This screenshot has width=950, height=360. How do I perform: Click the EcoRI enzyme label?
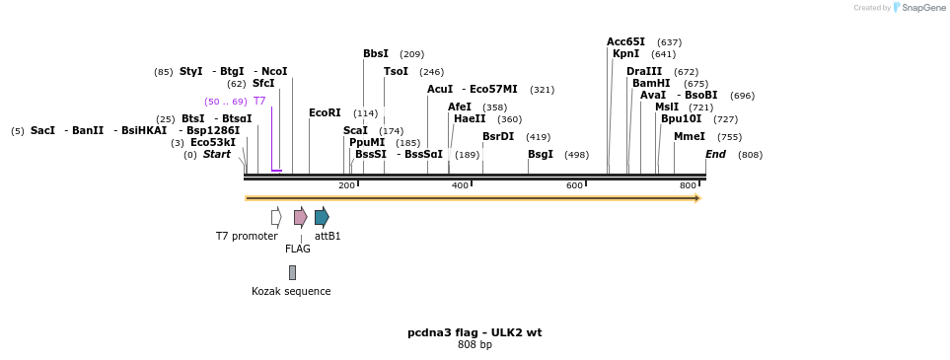point(325,112)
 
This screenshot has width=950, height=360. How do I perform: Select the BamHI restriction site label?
point(650,83)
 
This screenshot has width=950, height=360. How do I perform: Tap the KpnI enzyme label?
point(625,53)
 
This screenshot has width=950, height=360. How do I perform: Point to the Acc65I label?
point(625,41)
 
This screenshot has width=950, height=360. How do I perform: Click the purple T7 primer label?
point(259,101)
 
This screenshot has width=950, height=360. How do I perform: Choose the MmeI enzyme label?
point(689,136)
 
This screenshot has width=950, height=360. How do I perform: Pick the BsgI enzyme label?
point(540,154)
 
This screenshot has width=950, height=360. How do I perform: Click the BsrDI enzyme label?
point(497,136)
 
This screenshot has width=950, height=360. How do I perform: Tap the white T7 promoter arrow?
point(276,217)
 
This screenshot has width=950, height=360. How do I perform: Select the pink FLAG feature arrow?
point(300,217)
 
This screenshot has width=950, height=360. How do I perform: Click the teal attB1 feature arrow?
point(322,217)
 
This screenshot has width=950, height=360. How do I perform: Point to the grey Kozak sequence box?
point(292,272)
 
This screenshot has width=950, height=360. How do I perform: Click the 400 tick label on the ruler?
point(460,185)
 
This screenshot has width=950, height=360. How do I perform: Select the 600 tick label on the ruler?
point(574,185)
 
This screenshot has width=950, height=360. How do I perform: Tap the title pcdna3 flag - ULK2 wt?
point(475,332)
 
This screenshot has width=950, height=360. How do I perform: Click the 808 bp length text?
point(475,344)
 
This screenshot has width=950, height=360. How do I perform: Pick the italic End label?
point(715,154)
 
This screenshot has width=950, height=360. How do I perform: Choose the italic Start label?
point(216,154)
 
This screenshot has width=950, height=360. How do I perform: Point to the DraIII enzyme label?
point(643,71)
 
